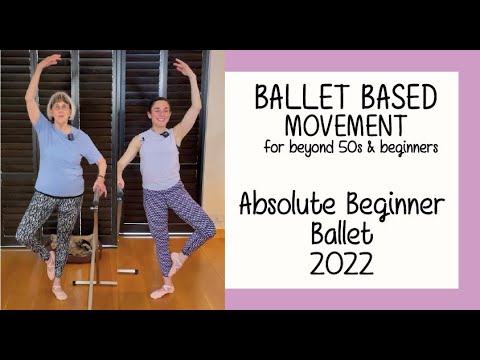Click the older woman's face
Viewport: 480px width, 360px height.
point(62,106)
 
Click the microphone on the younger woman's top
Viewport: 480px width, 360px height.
point(163,134)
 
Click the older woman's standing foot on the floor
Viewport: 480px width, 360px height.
point(60,292)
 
